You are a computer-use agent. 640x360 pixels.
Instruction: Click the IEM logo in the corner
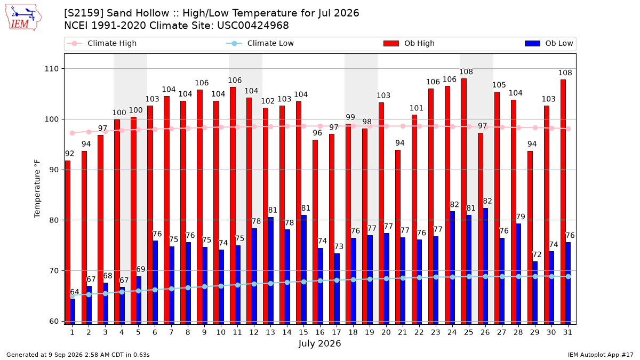tap(23, 18)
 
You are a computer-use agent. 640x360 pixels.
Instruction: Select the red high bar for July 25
tap(464, 201)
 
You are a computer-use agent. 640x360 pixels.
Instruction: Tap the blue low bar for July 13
tap(271, 270)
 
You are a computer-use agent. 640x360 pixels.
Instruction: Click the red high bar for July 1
tap(68, 242)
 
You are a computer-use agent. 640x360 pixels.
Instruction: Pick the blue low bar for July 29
tap(535, 293)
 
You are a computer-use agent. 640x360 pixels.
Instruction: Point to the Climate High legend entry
tap(101, 43)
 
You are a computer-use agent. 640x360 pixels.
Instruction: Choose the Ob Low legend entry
tap(549, 43)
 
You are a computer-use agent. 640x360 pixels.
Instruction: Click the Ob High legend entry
tap(409, 43)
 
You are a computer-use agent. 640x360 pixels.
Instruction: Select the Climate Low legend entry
tap(260, 43)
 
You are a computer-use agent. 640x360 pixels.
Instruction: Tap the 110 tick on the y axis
tap(51, 69)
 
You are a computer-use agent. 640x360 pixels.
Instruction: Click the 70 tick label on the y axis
tap(53, 271)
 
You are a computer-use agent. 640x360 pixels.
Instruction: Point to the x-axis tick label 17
tap(337, 333)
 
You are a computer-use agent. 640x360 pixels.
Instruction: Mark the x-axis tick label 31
tap(567, 333)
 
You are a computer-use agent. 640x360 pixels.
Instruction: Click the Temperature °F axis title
tap(37, 189)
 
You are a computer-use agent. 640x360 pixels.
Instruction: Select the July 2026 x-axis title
tap(319, 343)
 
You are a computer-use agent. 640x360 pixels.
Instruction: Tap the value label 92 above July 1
tap(69, 154)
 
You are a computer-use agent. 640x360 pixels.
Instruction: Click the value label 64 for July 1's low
tap(74, 292)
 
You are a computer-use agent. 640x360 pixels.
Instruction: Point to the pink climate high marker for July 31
tap(569, 129)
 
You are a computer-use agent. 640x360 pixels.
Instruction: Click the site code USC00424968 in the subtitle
tap(253, 26)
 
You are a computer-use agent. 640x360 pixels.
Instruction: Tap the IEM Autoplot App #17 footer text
tap(601, 355)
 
